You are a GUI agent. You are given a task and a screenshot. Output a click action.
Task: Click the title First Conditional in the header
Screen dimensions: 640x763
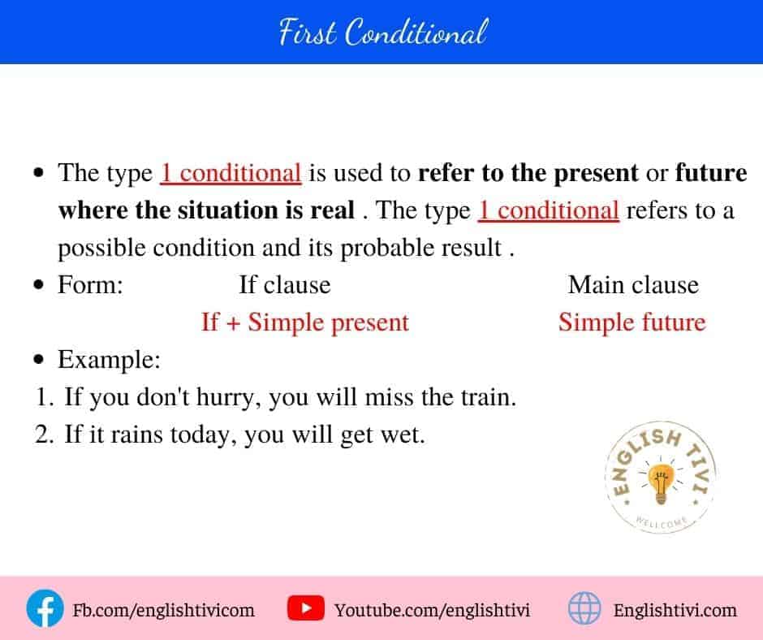pos(382,33)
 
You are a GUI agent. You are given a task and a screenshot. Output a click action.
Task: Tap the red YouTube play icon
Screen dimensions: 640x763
pos(306,608)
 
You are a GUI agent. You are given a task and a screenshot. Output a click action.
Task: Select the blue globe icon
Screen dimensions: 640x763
pos(584,608)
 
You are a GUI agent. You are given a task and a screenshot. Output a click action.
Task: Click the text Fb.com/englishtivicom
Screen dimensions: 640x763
pos(163,609)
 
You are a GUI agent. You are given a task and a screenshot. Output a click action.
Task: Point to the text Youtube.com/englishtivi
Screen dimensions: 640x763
pos(432,609)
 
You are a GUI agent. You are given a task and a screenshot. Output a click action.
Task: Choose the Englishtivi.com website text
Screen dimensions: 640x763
pos(675,609)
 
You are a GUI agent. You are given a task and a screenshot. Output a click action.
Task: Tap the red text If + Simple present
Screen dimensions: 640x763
pos(304,322)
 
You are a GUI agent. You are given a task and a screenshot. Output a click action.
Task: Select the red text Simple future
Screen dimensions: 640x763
pos(632,322)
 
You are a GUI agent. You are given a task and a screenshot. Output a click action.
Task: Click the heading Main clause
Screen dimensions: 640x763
pos(633,285)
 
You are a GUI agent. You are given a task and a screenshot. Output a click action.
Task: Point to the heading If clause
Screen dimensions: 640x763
pos(284,285)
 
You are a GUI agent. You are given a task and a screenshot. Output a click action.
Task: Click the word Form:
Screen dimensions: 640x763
pos(90,285)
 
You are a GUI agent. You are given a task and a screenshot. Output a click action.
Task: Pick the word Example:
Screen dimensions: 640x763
pos(109,360)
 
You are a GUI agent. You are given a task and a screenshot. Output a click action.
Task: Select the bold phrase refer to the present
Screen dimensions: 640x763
pos(528,173)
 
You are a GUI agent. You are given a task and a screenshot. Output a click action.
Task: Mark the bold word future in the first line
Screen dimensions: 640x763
pos(711,173)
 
